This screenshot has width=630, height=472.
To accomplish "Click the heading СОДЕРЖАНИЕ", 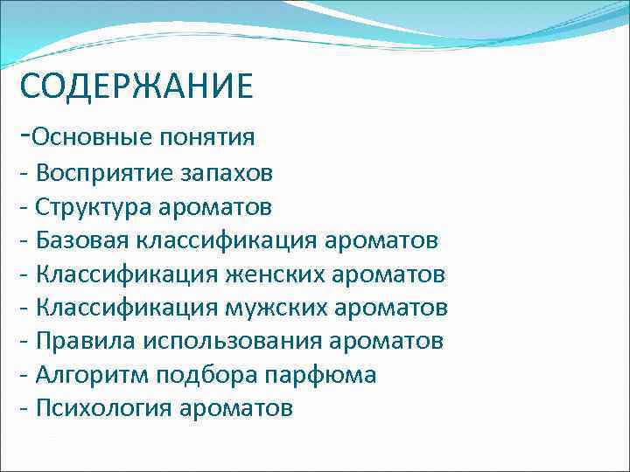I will pos(136,87).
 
